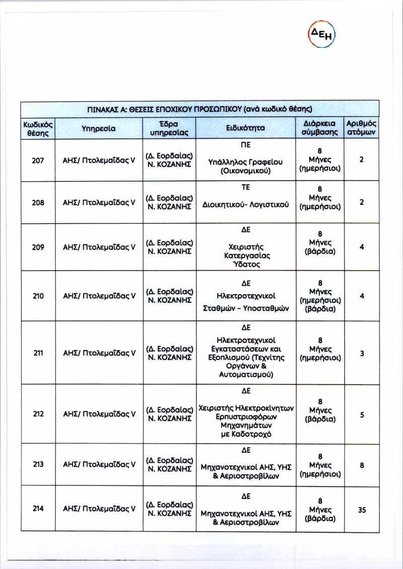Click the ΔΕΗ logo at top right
(321, 34)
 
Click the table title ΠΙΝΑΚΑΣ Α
(199, 109)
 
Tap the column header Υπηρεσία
(99, 128)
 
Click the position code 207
(38, 160)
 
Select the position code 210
(38, 296)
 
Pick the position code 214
(38, 509)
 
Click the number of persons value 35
(361, 510)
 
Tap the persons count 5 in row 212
(361, 415)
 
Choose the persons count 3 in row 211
(361, 354)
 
